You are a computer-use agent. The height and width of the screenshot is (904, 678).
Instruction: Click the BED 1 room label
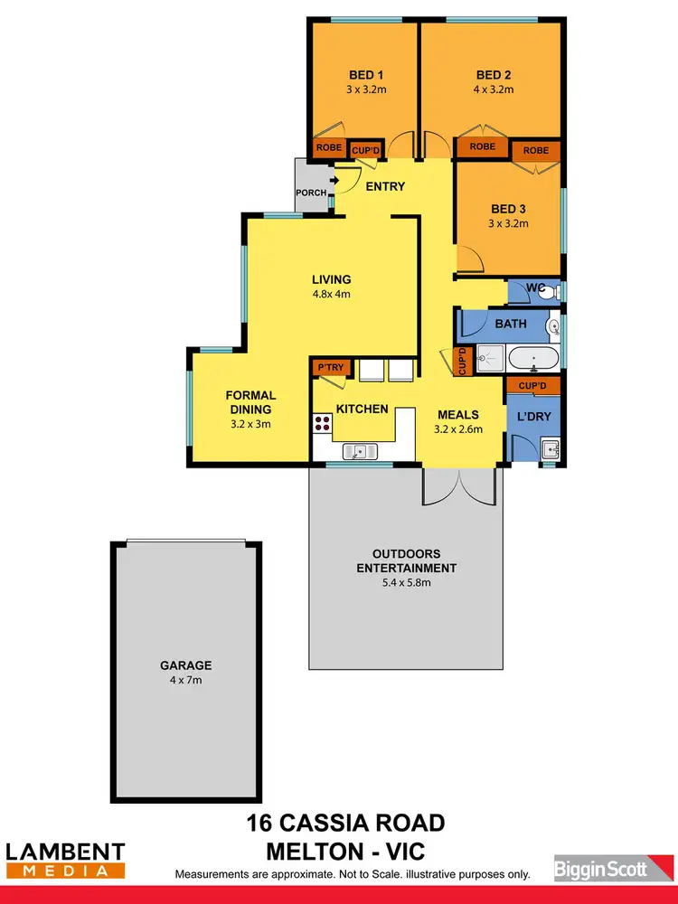point(363,75)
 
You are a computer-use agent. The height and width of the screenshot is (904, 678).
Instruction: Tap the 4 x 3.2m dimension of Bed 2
point(494,89)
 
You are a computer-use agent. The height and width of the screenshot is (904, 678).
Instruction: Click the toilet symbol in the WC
point(551,291)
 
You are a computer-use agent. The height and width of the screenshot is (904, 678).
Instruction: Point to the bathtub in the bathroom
point(533,359)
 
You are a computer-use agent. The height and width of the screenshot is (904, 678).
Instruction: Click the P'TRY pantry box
point(331,367)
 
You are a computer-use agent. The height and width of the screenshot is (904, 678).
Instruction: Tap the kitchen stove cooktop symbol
point(323,424)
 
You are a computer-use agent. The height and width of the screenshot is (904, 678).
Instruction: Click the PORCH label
point(312,193)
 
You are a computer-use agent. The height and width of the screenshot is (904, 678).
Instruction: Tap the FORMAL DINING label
point(250,402)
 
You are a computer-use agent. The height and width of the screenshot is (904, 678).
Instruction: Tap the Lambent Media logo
point(65,860)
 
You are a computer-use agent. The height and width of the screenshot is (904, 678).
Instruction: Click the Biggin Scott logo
point(601,869)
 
